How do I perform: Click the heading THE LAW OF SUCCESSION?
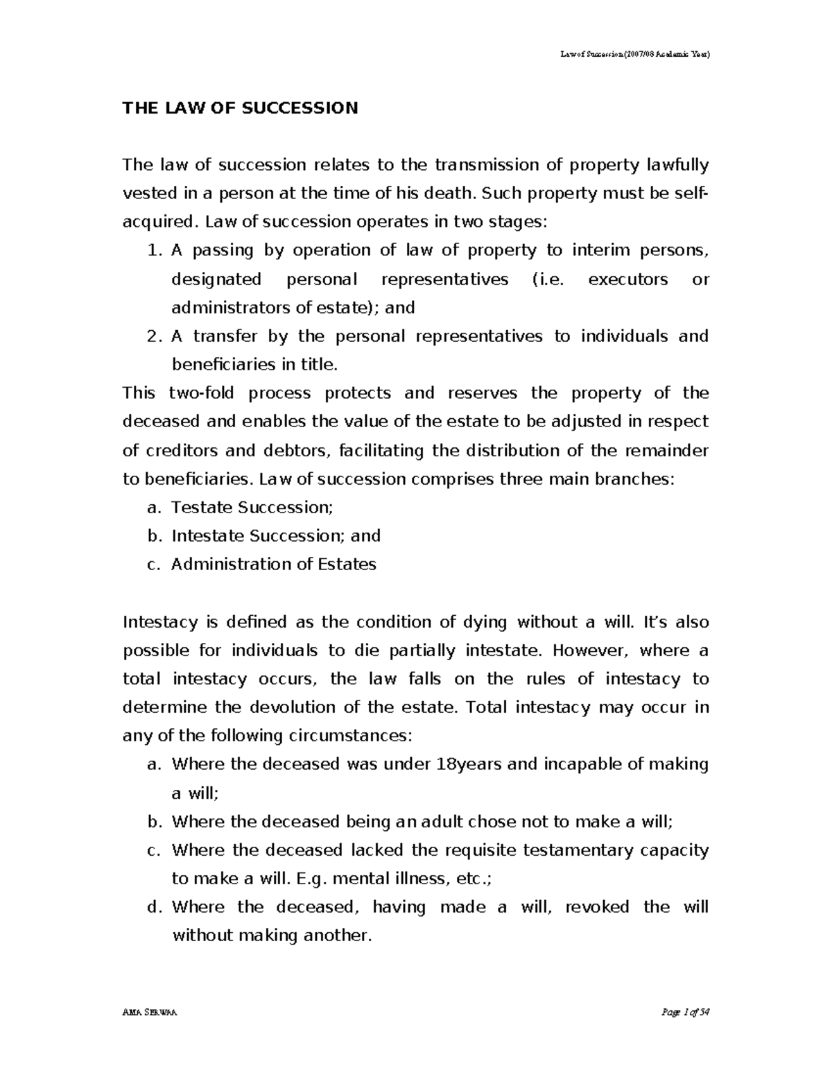(240, 108)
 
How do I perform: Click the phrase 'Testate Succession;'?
(252, 508)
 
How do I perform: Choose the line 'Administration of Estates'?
(273, 565)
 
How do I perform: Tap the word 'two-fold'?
(201, 393)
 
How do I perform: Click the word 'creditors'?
(182, 451)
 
